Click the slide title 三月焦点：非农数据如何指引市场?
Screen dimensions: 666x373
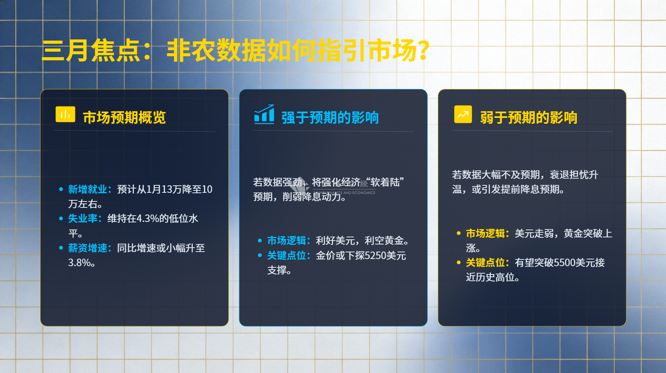tap(235, 50)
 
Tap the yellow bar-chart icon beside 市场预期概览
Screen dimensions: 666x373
tap(65, 114)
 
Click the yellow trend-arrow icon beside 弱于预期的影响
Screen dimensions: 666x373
tap(463, 114)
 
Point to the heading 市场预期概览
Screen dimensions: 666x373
tap(124, 117)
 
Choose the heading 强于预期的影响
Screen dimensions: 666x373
tap(330, 117)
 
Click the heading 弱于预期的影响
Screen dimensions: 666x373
tap(529, 117)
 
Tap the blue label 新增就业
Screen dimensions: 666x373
tap(88, 189)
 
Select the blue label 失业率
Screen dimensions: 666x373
tap(83, 218)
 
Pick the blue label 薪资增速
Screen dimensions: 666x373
tap(88, 248)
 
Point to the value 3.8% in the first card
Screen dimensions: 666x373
tap(79, 263)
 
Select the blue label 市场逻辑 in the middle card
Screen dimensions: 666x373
tap(286, 241)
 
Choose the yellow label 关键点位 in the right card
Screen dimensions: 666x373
tap(485, 263)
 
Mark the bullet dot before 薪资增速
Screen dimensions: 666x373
tap(61, 248)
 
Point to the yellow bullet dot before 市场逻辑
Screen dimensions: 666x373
tap(459, 233)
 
